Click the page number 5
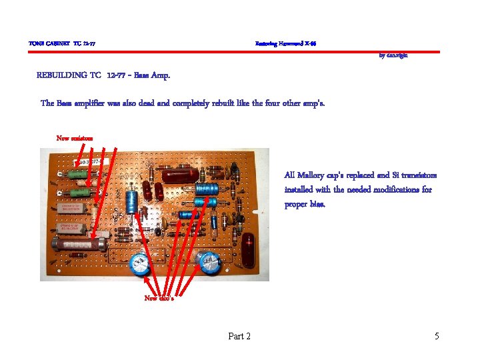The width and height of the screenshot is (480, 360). [x=437, y=336]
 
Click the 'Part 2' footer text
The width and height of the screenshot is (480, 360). [x=239, y=336]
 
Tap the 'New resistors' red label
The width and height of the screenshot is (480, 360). [x=75, y=138]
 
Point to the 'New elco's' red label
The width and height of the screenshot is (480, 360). [x=159, y=298]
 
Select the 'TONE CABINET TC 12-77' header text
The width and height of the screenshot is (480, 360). [x=62, y=44]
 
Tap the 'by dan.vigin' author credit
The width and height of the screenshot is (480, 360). [x=393, y=55]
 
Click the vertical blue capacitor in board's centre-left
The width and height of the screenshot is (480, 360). [x=133, y=201]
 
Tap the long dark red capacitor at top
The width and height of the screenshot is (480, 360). [x=179, y=175]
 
